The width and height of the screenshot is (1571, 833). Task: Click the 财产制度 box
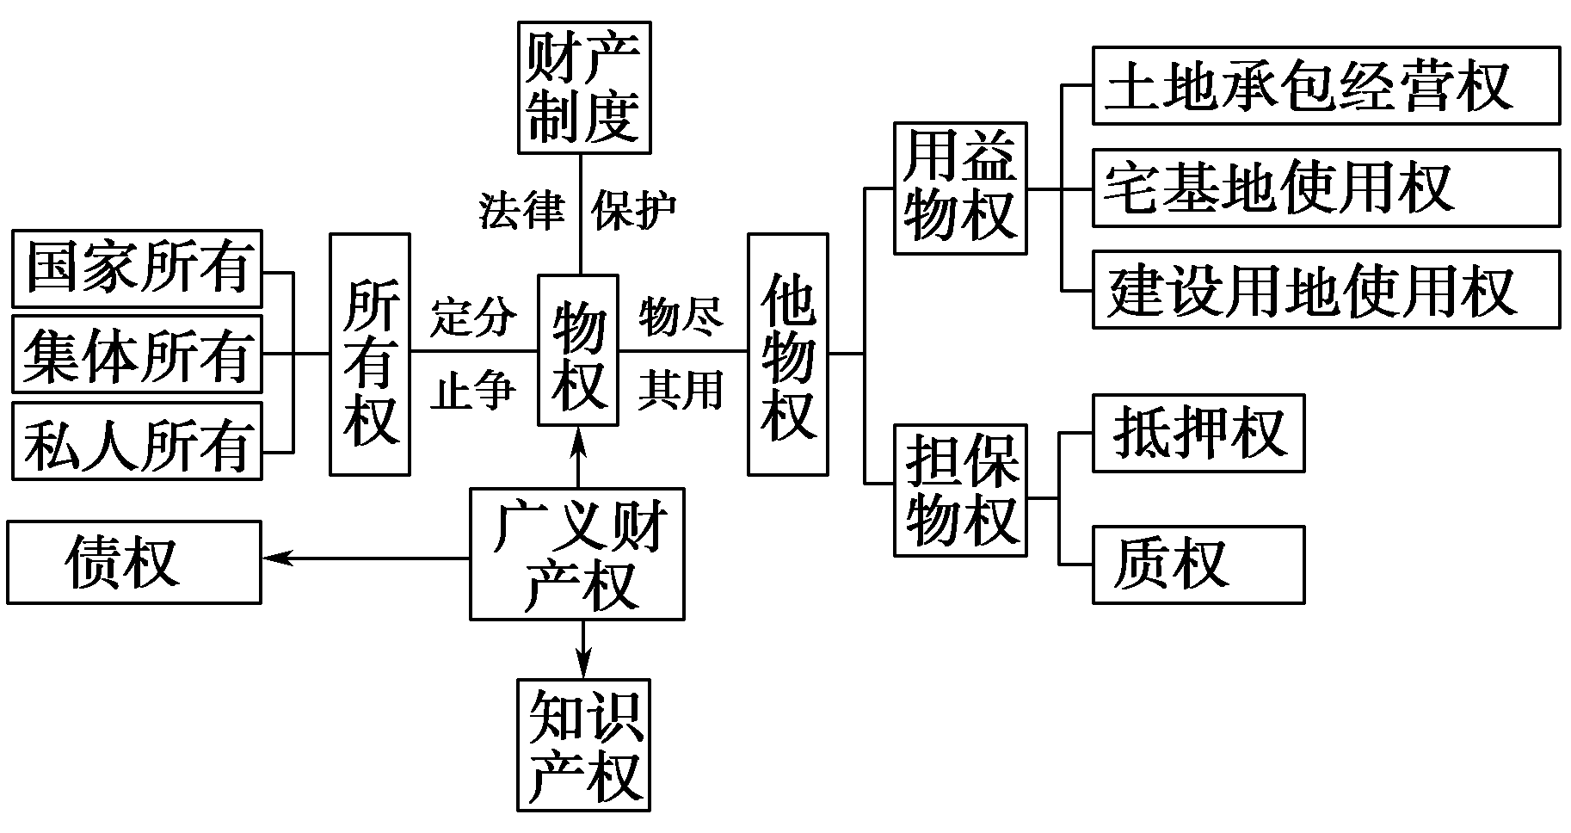point(584,88)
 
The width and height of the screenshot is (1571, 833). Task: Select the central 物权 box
point(578,350)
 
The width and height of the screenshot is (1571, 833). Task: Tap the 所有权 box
point(370,354)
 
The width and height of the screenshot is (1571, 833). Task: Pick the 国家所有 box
point(137,268)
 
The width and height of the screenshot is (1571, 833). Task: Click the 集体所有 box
point(137,355)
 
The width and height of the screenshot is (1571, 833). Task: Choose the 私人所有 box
point(137,440)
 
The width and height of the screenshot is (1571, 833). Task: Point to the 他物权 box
point(788,354)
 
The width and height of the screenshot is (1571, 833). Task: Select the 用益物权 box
point(960,188)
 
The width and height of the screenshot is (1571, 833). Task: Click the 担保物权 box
point(960,490)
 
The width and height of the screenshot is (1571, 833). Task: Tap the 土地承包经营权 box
point(1326,86)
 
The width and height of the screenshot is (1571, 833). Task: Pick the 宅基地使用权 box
point(1326,188)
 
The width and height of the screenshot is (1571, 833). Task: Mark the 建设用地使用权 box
point(1326,289)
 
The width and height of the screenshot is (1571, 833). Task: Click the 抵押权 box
point(1198,433)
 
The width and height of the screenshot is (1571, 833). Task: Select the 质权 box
point(1198,564)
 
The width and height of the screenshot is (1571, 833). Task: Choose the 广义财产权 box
point(577,554)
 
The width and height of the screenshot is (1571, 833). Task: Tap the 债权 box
point(133,562)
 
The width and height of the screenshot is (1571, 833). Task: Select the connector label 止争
point(473,392)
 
